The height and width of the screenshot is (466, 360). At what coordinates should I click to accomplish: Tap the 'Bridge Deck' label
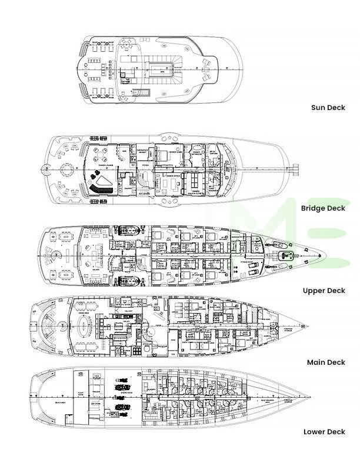click(x=323, y=208)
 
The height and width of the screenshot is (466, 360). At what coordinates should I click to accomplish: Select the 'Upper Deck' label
click(x=324, y=290)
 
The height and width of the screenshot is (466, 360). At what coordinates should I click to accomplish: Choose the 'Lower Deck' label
click(x=324, y=431)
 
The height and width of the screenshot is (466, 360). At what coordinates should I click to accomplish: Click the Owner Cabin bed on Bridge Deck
click(x=164, y=158)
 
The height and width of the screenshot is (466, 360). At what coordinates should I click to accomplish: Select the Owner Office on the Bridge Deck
click(x=173, y=184)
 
